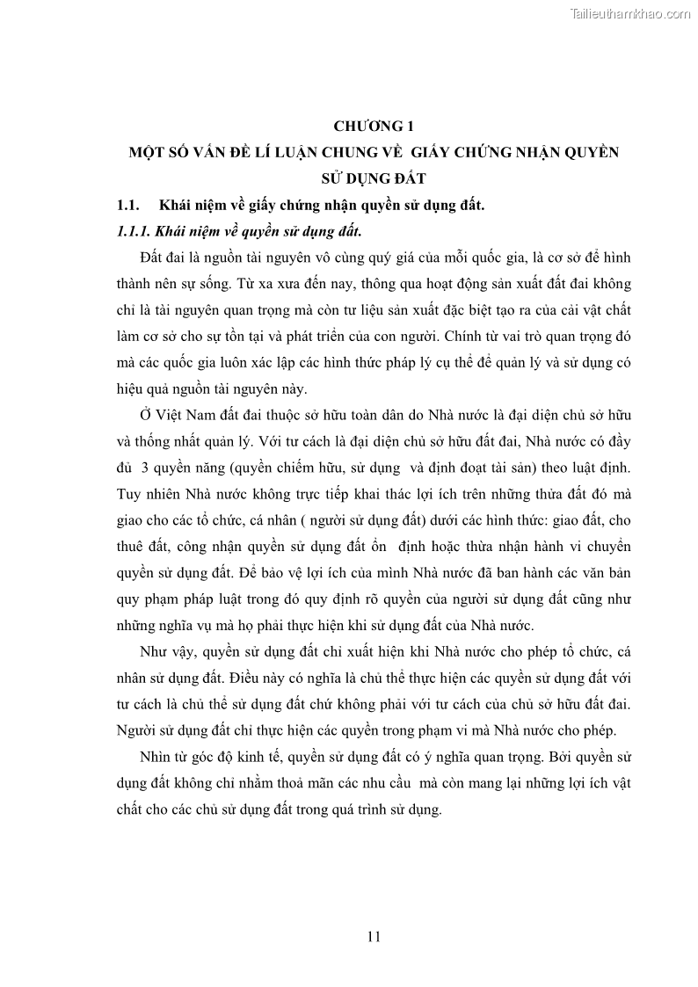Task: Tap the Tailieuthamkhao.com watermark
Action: [x=630, y=13]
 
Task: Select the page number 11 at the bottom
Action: [x=373, y=936]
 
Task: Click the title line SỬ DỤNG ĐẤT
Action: [x=373, y=179]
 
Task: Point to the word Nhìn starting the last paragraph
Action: [x=156, y=757]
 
